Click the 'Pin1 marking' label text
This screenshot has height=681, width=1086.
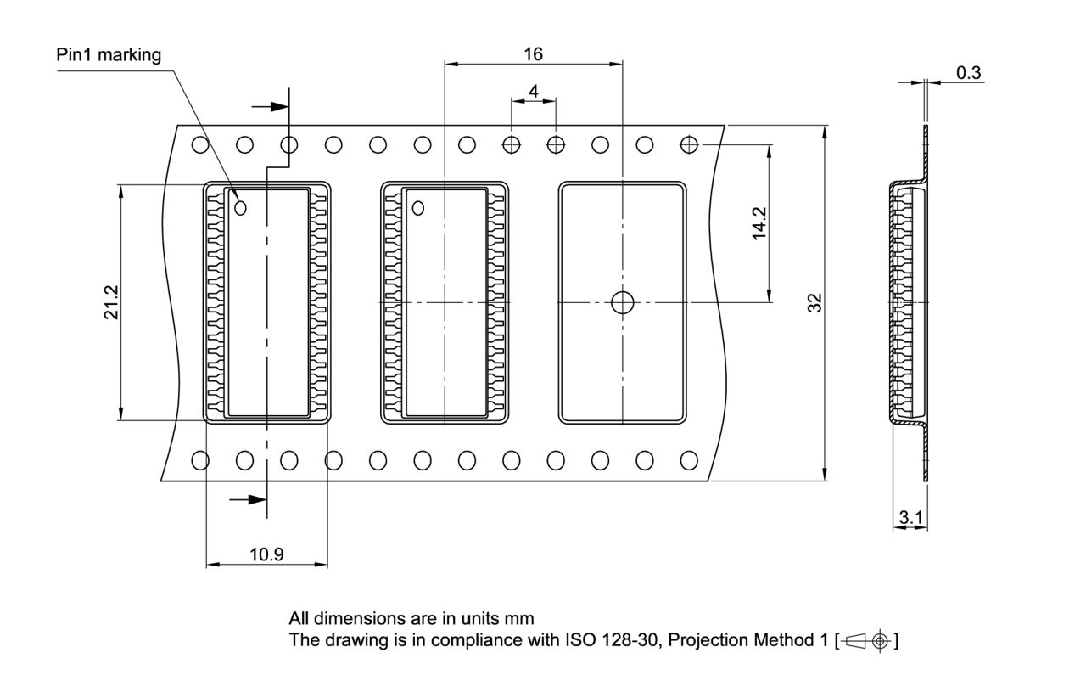[x=108, y=55]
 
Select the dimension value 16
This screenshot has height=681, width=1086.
[x=533, y=54]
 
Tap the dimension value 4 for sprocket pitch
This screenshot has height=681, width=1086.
[x=533, y=91]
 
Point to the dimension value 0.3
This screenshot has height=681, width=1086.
[x=968, y=73]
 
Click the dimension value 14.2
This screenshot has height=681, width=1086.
[x=759, y=223]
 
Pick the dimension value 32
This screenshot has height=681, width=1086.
[x=815, y=303]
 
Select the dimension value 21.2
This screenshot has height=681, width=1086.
[x=110, y=302]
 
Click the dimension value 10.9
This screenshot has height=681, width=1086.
[x=266, y=554]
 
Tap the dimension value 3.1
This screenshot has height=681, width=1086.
[x=910, y=517]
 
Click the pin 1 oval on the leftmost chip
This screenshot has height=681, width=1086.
[x=240, y=206]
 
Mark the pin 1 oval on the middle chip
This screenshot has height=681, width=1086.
[x=418, y=206]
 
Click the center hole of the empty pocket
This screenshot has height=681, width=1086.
[x=623, y=301]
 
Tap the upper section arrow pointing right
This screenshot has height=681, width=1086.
[x=271, y=107]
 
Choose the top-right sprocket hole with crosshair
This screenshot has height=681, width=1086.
[x=689, y=144]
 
